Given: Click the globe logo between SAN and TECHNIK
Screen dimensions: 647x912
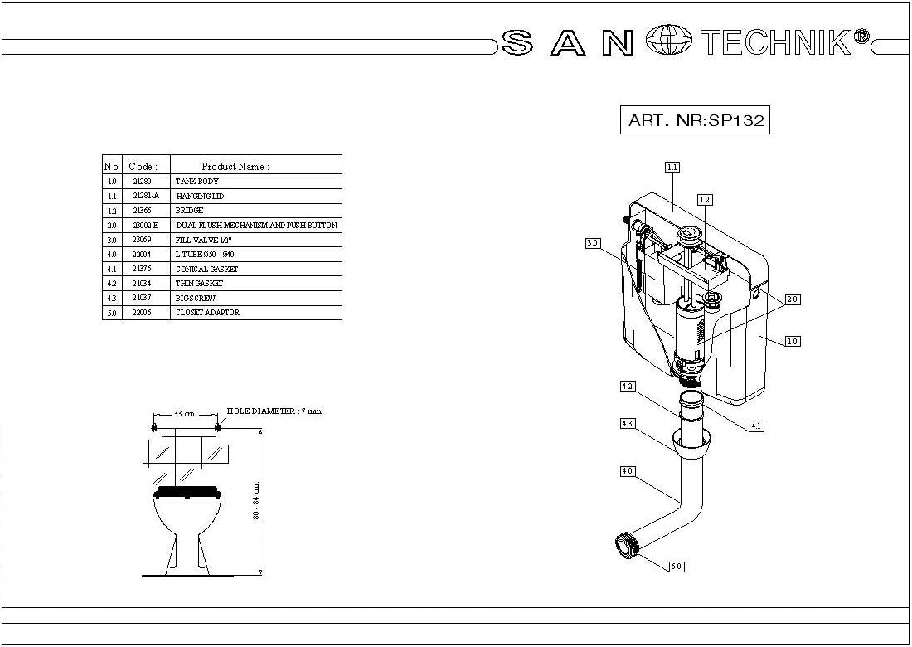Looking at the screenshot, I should pos(668,41).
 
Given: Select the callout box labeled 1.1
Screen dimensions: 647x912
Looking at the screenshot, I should pos(672,167).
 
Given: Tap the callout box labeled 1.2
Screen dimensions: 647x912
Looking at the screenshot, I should pos(705,199).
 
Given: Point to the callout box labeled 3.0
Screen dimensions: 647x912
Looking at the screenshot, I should pos(592,243).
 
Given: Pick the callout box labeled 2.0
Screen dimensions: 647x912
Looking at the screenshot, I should pos(793,299).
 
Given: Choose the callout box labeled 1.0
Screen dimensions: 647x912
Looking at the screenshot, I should pos(793,341).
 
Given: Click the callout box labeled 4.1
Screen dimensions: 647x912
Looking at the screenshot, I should pos(755,426).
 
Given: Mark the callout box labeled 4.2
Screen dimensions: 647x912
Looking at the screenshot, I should pos(627,386).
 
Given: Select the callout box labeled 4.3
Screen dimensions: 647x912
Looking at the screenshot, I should pos(627,424).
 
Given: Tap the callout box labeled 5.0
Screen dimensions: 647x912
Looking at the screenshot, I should pos(676,567).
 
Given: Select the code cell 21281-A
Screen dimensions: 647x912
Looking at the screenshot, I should pos(146,196).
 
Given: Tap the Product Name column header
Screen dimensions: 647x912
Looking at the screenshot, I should pos(235,166).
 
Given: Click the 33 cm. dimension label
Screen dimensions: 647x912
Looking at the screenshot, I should pos(184,413).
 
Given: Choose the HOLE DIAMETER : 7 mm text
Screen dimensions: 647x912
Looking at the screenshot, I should pos(274,411).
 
